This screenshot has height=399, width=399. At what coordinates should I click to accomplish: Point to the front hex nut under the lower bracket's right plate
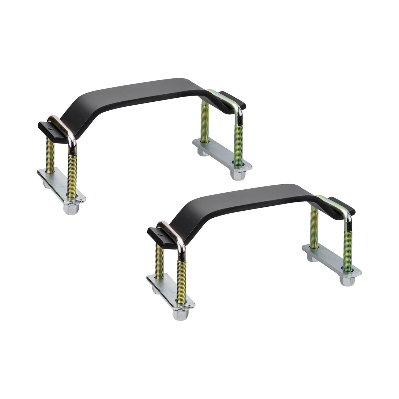346,281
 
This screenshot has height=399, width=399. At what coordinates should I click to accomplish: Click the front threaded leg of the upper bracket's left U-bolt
72,170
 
